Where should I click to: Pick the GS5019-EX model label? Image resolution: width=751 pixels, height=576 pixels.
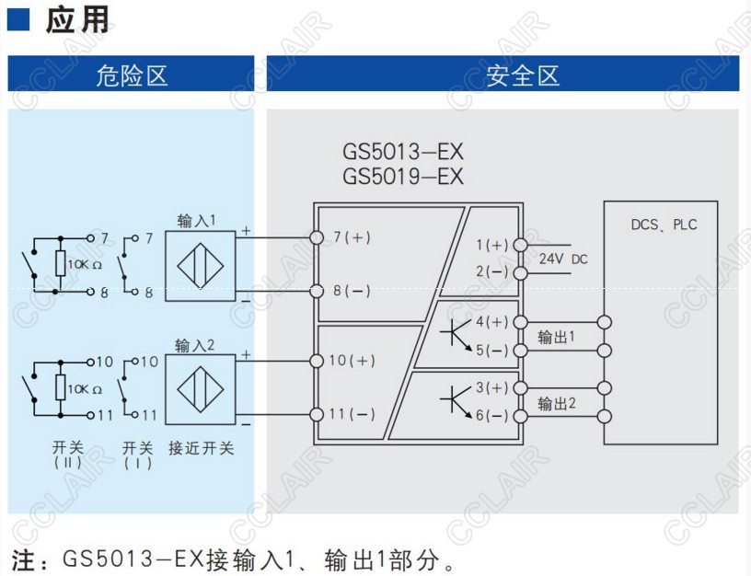[403, 176]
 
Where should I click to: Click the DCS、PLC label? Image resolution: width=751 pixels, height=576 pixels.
[664, 225]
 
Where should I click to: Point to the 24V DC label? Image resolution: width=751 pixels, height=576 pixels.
[562, 259]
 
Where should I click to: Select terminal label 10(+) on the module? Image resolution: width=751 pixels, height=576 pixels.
[353, 361]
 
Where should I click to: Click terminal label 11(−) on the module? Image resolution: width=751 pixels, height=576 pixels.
[353, 414]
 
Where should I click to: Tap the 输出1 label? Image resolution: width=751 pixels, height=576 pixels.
[557, 337]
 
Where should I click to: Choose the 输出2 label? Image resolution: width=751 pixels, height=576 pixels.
[557, 403]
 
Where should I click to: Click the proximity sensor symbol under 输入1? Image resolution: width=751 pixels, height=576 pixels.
[201, 265]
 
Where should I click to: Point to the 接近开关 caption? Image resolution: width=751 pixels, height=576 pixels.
[201, 448]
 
